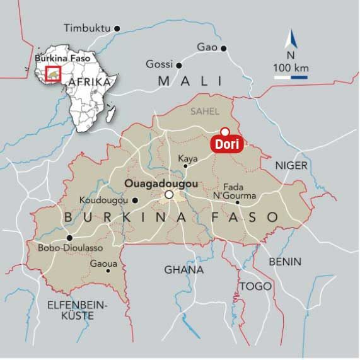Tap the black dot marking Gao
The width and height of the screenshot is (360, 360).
(x=224, y=48)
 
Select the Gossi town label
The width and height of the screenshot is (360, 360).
(x=158, y=64)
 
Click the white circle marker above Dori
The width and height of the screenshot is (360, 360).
(x=224, y=132)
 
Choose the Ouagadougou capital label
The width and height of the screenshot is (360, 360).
(x=161, y=183)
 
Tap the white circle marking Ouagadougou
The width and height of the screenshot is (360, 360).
(x=168, y=195)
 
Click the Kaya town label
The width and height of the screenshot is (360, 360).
(x=188, y=158)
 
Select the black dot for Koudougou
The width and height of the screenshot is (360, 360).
(x=135, y=200)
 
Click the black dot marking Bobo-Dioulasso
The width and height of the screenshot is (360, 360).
(x=69, y=238)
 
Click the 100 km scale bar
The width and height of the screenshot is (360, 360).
(x=291, y=77)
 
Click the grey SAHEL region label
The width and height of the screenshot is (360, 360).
(x=205, y=111)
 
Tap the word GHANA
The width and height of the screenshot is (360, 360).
(x=184, y=270)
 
